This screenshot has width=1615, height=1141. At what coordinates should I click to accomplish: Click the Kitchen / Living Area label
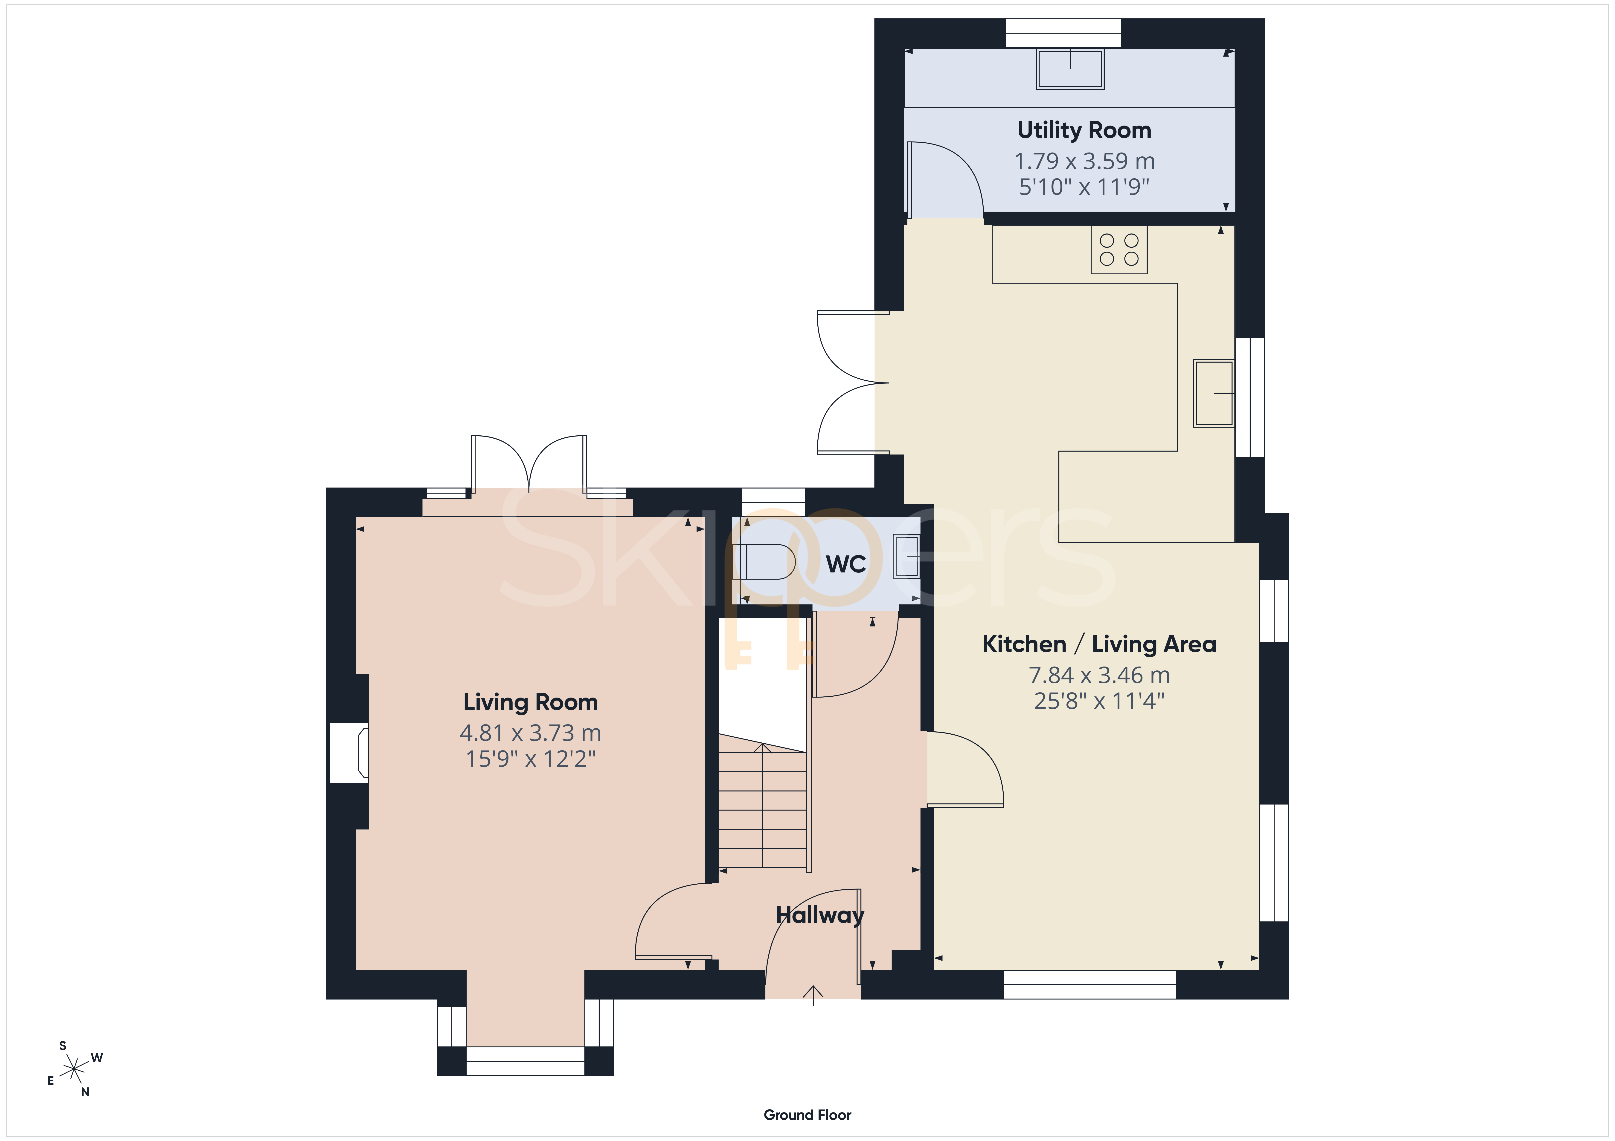1099,644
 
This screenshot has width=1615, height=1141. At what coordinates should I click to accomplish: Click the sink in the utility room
1070,68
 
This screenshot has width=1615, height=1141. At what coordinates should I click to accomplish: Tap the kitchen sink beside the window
1213,394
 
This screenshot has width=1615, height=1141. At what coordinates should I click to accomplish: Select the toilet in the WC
764,562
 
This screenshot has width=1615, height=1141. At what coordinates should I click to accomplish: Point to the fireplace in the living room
350,753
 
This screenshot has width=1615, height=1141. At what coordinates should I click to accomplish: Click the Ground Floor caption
807,1115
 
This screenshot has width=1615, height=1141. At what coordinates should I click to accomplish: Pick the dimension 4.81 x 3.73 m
530,733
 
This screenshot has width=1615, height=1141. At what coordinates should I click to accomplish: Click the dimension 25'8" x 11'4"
1099,701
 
